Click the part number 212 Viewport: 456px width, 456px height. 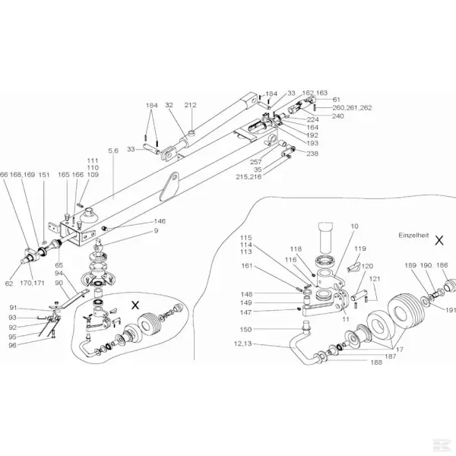point(190,106)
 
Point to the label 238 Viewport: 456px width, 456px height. point(312,153)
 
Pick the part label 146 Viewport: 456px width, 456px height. point(160,221)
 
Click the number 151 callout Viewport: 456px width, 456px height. point(44,175)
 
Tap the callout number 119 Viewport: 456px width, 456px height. point(360,249)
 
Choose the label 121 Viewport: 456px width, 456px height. point(373,279)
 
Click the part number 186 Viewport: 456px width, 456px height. point(442,264)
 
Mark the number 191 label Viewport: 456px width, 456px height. point(450,309)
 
